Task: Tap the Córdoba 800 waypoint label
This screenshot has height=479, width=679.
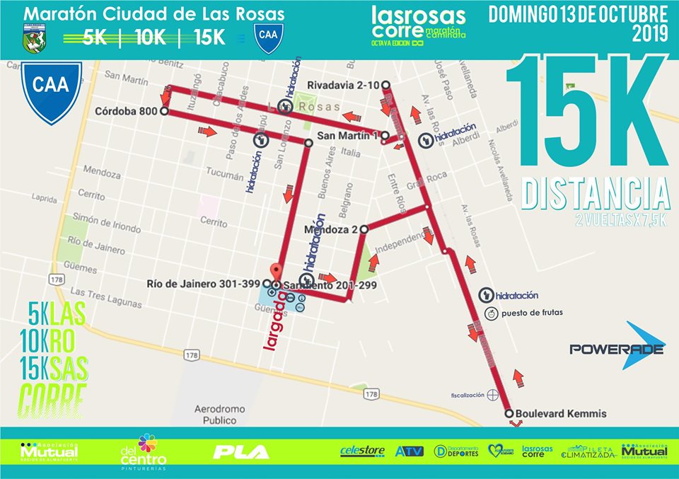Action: (127, 111)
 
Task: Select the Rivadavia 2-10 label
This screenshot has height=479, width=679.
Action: (344, 86)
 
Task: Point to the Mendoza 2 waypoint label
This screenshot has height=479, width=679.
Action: (330, 230)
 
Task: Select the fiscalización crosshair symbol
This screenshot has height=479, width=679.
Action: (493, 394)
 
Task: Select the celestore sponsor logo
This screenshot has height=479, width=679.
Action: (363, 451)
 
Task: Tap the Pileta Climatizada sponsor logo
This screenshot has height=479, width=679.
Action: (589, 451)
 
